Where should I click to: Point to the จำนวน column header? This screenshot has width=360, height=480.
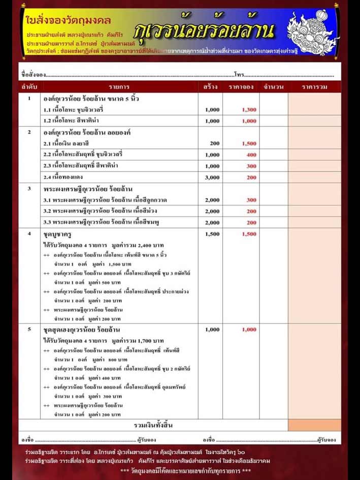point(274,87)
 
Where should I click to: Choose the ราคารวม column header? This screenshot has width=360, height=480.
point(314,87)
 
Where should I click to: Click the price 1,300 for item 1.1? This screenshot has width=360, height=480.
point(249,110)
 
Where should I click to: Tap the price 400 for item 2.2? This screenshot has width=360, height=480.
point(251,155)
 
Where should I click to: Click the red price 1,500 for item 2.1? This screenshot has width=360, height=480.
point(249,144)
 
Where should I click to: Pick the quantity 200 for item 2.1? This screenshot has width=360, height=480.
point(215,144)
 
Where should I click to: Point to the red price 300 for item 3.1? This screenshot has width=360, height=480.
point(251,200)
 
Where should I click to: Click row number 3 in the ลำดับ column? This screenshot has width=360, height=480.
point(29,188)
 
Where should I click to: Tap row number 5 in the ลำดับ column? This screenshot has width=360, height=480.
point(29,330)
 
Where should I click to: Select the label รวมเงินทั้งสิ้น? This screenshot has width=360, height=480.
point(153,425)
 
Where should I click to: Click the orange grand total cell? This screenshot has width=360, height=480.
point(314,425)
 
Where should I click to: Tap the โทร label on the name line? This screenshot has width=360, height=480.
point(239,75)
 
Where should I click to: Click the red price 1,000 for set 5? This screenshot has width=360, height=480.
point(249,330)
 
